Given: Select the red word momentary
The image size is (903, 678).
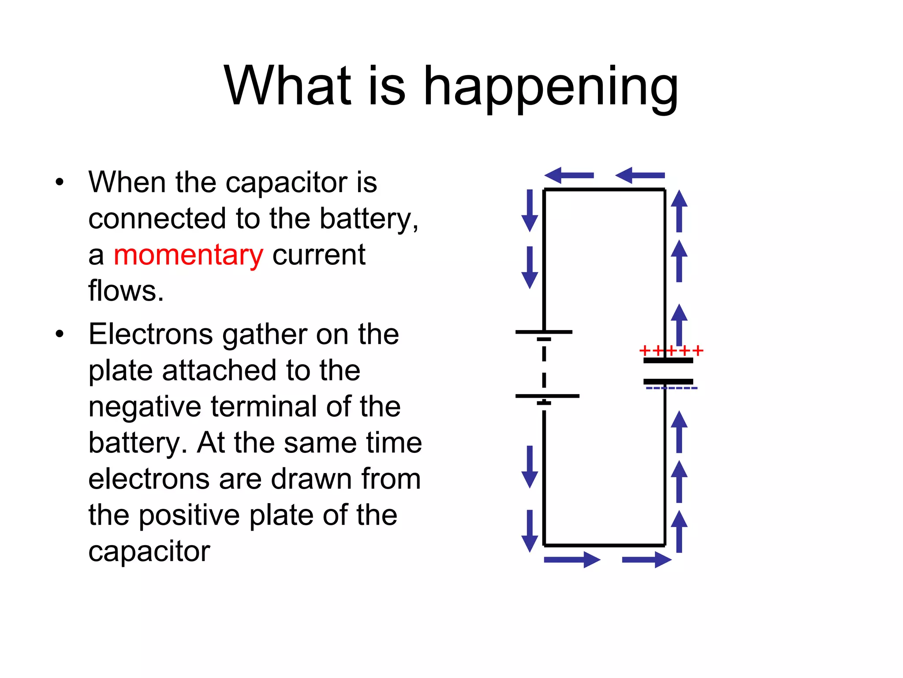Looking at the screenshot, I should click(x=188, y=255).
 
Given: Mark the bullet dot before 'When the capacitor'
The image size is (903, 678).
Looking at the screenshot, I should click(x=60, y=182).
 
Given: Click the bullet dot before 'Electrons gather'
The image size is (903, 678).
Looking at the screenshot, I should click(x=60, y=334).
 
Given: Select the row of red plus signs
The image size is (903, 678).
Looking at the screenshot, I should click(x=671, y=351).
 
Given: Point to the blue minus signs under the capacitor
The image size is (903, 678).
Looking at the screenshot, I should click(x=671, y=388).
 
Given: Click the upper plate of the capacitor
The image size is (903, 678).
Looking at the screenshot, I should click(x=668, y=361).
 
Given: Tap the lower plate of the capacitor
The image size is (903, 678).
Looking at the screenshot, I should click(x=668, y=381).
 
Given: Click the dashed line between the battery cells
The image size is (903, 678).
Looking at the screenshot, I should click(x=544, y=367).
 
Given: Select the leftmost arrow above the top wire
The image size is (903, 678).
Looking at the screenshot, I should click(x=569, y=175).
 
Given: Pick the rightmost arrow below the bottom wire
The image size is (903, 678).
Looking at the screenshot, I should click(x=646, y=560).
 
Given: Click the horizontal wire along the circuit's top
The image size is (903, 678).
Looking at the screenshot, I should click(x=604, y=189).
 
